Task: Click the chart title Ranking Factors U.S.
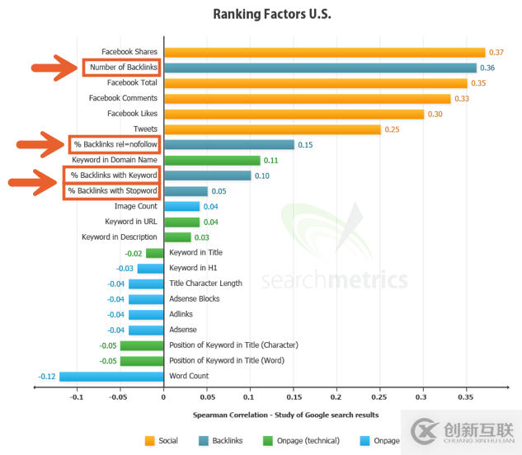pyautogui.click(x=261, y=13)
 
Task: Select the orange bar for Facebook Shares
pyautogui.click(x=324, y=52)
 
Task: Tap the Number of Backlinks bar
pyautogui.click(x=320, y=68)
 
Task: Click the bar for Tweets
pyautogui.click(x=272, y=129)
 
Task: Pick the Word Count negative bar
pyautogui.click(x=111, y=377)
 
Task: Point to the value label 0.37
pyautogui.click(x=496, y=52)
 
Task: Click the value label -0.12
pyautogui.click(x=46, y=377)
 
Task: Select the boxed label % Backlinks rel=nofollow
pyautogui.click(x=115, y=145)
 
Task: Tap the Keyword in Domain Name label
pyautogui.click(x=114, y=160)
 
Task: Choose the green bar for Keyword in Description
pyautogui.click(x=177, y=237)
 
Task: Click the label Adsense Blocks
pyautogui.click(x=195, y=299)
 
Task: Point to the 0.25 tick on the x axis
pyautogui.click(x=380, y=396)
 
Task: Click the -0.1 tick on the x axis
pyautogui.click(x=77, y=396)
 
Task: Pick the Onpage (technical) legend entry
pyautogui.click(x=294, y=440)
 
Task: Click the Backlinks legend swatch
pyautogui.click(x=204, y=440)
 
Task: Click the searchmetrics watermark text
pyautogui.click(x=334, y=280)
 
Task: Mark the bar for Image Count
pyautogui.click(x=181, y=207)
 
